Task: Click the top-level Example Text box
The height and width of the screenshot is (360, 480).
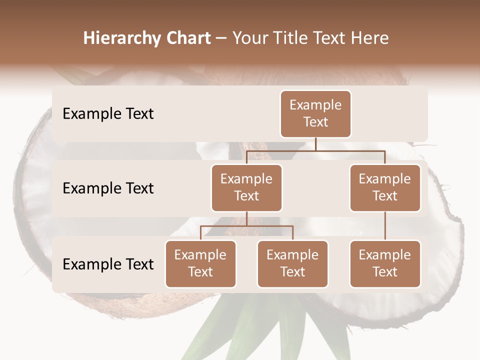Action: point(315,114)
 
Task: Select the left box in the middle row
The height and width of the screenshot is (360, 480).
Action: point(246,188)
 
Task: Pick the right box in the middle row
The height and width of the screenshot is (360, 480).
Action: point(385,188)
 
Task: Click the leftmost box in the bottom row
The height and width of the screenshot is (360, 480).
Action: point(200,264)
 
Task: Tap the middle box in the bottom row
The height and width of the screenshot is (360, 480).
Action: point(292,264)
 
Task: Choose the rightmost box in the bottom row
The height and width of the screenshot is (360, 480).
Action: point(385,264)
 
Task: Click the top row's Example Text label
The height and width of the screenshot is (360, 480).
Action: point(108,114)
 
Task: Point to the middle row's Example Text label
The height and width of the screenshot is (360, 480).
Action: point(108,188)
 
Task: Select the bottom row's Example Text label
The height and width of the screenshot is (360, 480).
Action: point(108,264)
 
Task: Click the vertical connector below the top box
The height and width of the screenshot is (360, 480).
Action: point(315,144)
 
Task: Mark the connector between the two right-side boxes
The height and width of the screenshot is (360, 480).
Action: point(385,226)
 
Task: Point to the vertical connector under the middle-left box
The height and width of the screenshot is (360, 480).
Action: point(246,218)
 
